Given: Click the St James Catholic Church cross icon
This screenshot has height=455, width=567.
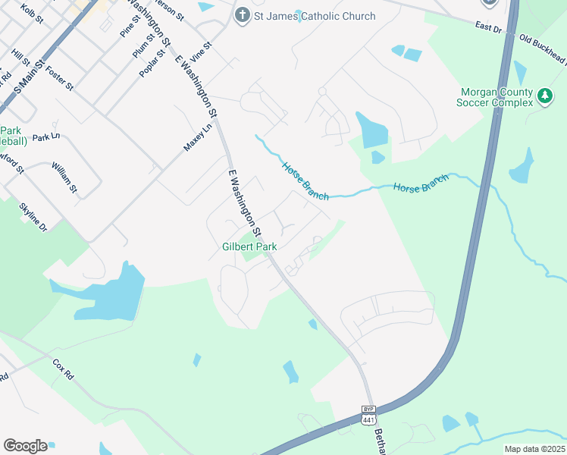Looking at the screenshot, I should [x=242, y=15].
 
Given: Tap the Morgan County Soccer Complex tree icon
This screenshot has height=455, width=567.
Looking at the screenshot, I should [x=544, y=96].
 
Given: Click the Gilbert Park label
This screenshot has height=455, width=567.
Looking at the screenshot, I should [x=249, y=246].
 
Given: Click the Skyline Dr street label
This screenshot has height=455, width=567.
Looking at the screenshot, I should [x=33, y=217].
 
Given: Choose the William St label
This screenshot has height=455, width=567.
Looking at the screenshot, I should [x=64, y=176].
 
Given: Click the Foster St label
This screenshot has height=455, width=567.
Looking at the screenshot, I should [x=59, y=78].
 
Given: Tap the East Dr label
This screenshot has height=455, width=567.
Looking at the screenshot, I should [x=490, y=27].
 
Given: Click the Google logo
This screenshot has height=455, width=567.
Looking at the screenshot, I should [x=25, y=446].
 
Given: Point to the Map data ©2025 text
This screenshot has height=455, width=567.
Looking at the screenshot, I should [x=534, y=449].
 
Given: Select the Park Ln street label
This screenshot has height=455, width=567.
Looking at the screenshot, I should [x=45, y=137].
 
